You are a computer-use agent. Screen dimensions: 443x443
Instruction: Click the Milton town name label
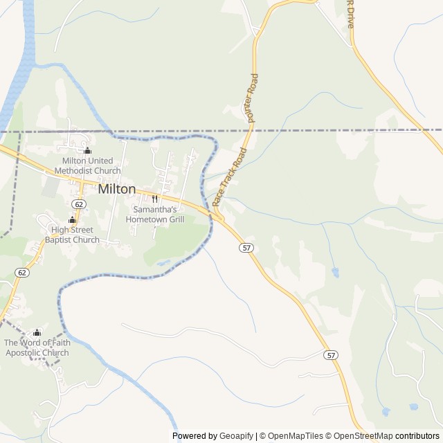coord(117,188)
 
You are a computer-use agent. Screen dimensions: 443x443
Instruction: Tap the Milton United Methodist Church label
coord(87,166)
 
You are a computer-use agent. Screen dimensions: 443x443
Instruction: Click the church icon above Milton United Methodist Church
coord(87,151)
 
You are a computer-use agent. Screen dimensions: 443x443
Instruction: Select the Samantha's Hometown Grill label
coord(155,214)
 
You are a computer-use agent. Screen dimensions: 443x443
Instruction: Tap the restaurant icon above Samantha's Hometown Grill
coord(155,199)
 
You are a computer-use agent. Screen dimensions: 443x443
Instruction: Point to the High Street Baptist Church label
coord(72,235)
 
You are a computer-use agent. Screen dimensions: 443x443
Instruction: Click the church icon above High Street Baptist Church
coord(72,220)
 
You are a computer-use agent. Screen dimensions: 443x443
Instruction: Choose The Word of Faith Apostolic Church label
coord(37,347)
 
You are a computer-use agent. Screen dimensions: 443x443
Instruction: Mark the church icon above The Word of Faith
coord(37,332)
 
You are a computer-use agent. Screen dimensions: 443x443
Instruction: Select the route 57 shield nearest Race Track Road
coord(246,247)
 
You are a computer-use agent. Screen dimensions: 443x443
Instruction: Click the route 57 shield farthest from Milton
coord(332,355)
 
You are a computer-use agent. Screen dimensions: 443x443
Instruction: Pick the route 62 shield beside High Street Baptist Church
coord(79,204)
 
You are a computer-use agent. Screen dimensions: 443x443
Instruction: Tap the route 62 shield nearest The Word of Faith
coord(23,273)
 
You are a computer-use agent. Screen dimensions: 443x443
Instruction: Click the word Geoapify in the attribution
coord(237,436)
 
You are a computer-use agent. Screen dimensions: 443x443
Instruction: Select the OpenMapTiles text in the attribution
coord(291,436)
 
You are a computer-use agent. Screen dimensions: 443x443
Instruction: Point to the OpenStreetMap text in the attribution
coord(361,436)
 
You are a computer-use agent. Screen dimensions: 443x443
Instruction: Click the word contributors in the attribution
coord(417,436)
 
